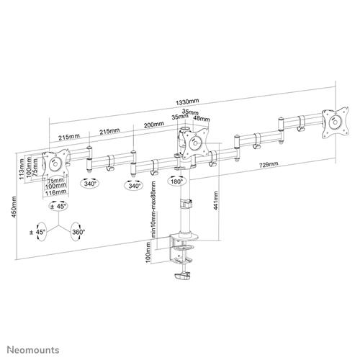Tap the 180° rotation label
(176, 183)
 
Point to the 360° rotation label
(78, 232)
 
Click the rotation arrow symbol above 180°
(176, 172)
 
